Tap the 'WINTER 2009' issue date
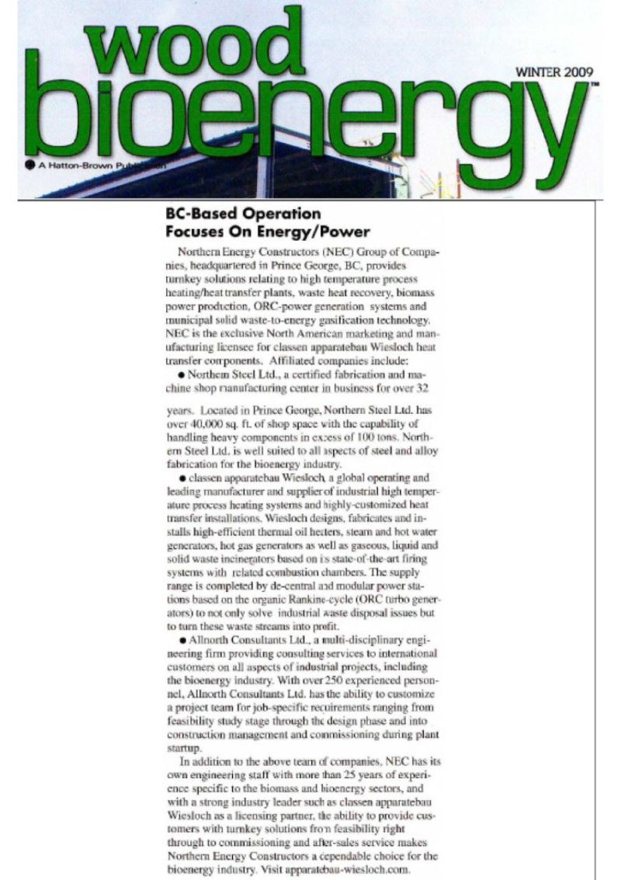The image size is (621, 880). point(552,73)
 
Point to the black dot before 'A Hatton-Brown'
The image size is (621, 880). point(29,164)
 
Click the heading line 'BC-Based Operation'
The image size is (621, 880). point(244,213)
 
